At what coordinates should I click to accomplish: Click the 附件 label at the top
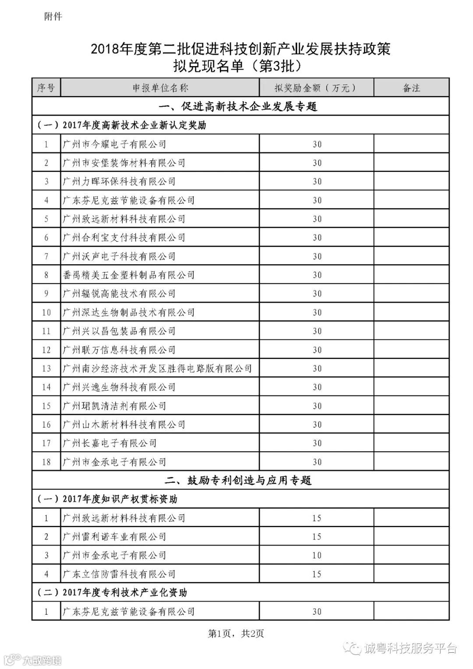click(53, 17)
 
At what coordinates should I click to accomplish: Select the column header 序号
click(46, 88)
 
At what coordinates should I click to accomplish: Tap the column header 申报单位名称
click(160, 88)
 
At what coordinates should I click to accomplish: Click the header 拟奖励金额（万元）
click(316, 88)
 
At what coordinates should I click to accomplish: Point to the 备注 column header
click(411, 88)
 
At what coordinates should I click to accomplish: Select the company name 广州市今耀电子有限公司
click(114, 144)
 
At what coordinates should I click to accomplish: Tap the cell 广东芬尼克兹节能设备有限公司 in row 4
click(129, 200)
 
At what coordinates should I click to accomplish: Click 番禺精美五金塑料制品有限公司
click(129, 275)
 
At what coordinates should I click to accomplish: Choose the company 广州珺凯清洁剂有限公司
click(114, 406)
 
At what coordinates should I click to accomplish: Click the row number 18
click(46, 462)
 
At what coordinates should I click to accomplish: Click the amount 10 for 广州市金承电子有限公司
click(317, 556)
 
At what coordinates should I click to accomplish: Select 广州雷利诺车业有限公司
click(114, 537)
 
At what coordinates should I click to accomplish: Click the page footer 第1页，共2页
click(236, 634)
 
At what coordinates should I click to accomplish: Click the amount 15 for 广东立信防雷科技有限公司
click(317, 574)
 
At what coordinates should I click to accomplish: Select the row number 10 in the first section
click(46, 312)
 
